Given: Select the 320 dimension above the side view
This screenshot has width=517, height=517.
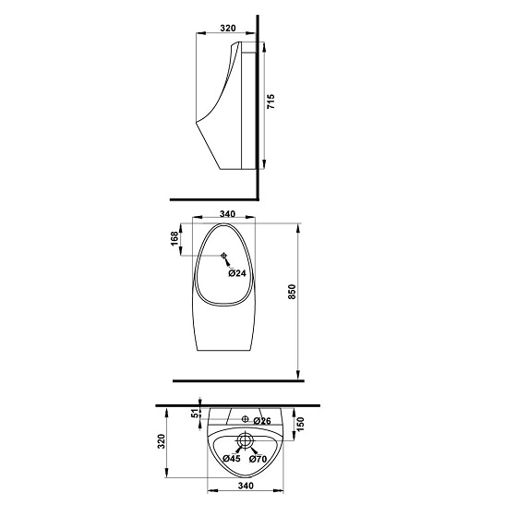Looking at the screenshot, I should pyautogui.click(x=228, y=28).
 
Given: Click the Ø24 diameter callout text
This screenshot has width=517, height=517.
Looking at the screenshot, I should pyautogui.click(x=237, y=273).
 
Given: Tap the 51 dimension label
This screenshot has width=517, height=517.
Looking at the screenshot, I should pyautogui.click(x=195, y=417).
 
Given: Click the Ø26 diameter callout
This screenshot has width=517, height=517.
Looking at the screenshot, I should pyautogui.click(x=261, y=421).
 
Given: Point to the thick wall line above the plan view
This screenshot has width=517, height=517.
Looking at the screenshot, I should pyautogui.click(x=240, y=405).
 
